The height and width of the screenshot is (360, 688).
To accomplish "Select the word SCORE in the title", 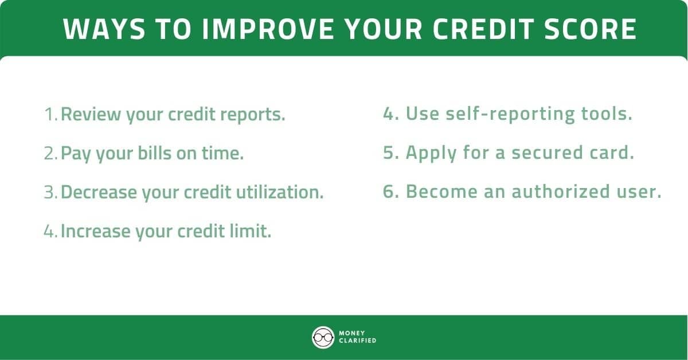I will pyautogui.click(x=597, y=29).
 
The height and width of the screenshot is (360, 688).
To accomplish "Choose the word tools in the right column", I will pyautogui.click(x=607, y=114).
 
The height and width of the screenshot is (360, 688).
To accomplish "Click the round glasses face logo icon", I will pyautogui.click(x=323, y=337).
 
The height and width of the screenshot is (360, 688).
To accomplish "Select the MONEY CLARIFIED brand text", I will pyautogui.click(x=357, y=337).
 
